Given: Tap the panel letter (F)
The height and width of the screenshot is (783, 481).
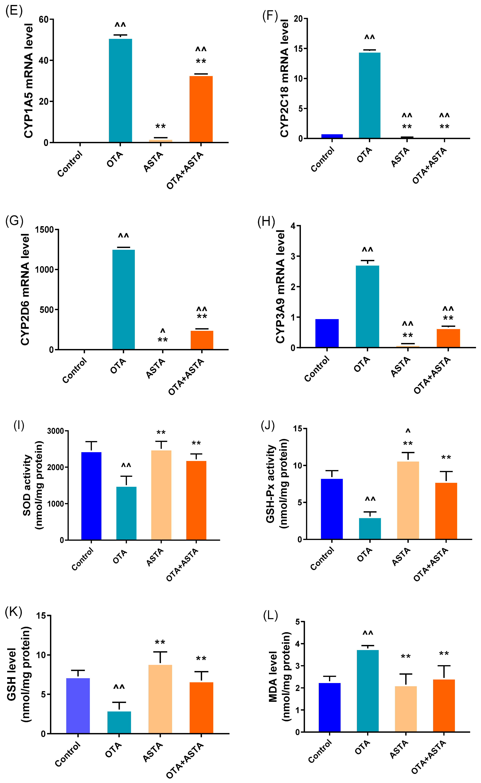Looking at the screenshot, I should point(270,16).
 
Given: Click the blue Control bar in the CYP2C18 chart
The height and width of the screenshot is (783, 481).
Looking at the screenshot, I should point(332,136).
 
